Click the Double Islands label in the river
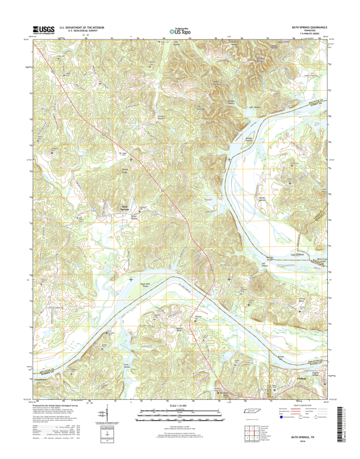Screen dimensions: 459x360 [249, 139]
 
